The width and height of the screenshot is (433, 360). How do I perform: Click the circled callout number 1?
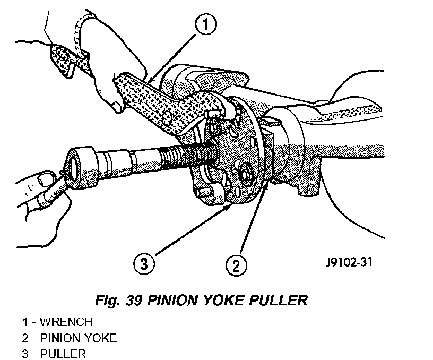[x=206, y=24]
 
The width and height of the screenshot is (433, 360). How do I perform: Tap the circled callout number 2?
[x=236, y=265]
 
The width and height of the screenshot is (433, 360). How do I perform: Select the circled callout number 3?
[x=144, y=264]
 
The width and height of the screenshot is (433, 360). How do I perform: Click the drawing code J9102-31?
[x=349, y=262]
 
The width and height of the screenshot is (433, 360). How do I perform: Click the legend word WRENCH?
[x=66, y=322]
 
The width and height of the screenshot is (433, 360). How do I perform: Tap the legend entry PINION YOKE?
[x=79, y=338]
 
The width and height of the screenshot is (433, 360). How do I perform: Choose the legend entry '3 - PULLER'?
[x=54, y=354]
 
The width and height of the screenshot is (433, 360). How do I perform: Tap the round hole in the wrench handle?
[x=167, y=118]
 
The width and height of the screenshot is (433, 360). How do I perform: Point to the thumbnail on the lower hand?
[x=44, y=179]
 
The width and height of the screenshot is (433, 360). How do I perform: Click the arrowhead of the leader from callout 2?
[x=266, y=186]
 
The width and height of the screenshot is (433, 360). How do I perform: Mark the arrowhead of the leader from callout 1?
[x=151, y=80]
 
